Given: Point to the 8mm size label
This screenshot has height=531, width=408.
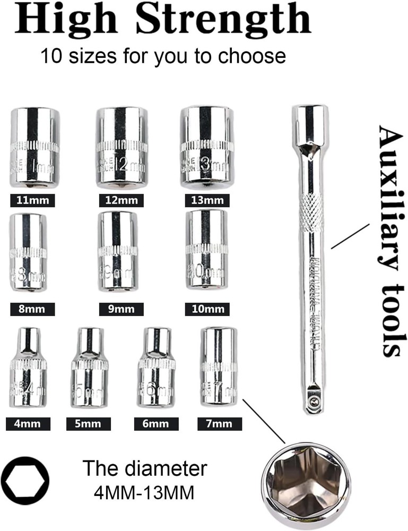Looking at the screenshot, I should click(x=32, y=309).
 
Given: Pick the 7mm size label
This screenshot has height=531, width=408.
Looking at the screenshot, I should click(x=219, y=424).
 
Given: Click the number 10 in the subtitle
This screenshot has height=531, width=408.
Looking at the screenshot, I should click(x=52, y=56).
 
